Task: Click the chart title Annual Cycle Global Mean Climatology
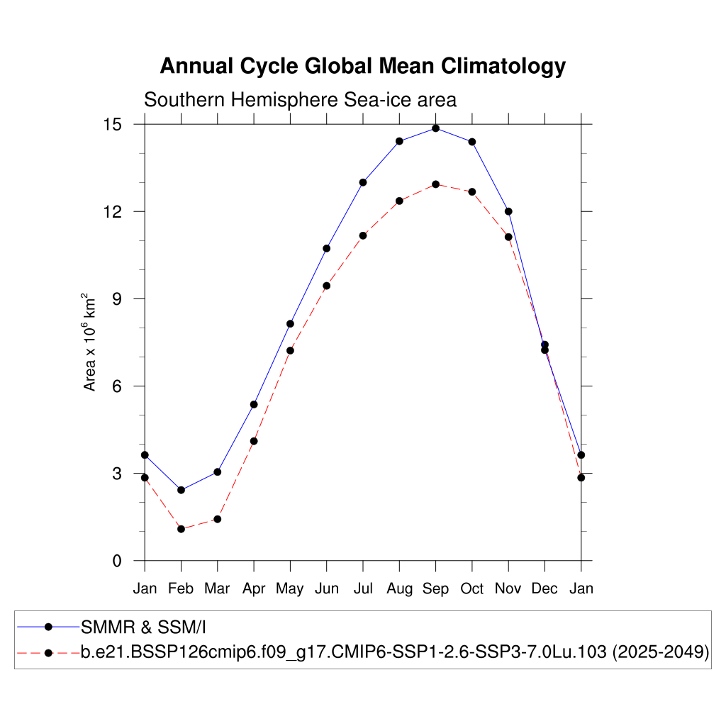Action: pyautogui.click(x=362, y=66)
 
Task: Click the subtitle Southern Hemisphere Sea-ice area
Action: pyautogui.click(x=300, y=100)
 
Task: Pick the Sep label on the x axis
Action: pyautogui.click(x=435, y=589)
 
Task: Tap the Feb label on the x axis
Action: pyautogui.click(x=181, y=589)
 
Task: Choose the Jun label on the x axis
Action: pyautogui.click(x=326, y=589)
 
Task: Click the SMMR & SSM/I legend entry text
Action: pyautogui.click(x=143, y=627)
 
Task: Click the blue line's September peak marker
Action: pyautogui.click(x=435, y=128)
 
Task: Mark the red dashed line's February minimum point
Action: pyautogui.click(x=181, y=529)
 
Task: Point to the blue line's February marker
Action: pyautogui.click(x=181, y=490)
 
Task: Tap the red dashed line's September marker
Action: pyautogui.click(x=435, y=184)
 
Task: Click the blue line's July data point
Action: pyautogui.click(x=363, y=182)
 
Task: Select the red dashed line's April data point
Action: pyautogui.click(x=254, y=441)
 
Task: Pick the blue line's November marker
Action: pyautogui.click(x=508, y=211)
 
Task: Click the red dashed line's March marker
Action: pyautogui.click(x=218, y=519)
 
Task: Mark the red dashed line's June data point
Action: pyautogui.click(x=326, y=286)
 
